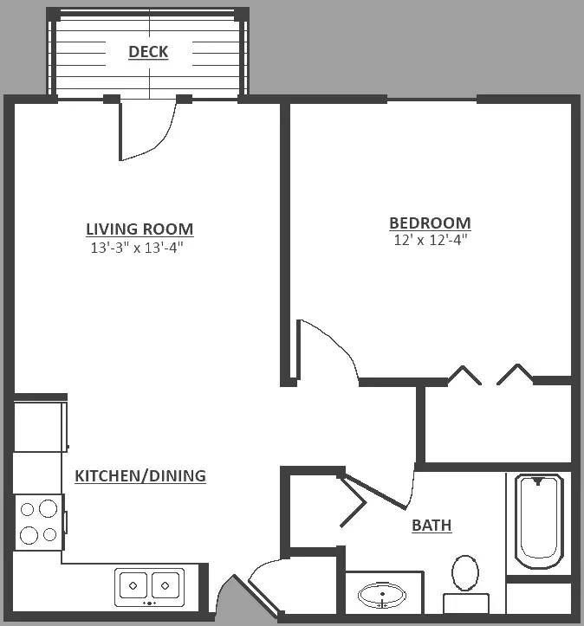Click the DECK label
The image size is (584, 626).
tap(148, 51)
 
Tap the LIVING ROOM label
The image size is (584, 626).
tap(140, 229)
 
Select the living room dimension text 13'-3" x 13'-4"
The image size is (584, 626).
tap(137, 248)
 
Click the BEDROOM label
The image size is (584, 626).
tap(430, 223)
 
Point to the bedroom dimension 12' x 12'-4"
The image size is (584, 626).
tap(431, 240)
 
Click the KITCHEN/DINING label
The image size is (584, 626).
tap(140, 476)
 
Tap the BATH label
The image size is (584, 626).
tap(432, 526)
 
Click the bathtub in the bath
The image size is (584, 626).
tap(539, 521)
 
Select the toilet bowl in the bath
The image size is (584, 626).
tap(465, 572)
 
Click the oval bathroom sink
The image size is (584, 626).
tap(382, 596)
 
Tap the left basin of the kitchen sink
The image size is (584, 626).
tap(133, 585)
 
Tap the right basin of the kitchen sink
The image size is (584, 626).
tap(165, 585)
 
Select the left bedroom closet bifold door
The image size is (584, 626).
tap(464, 375)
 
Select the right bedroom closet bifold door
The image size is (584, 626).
tap(516, 374)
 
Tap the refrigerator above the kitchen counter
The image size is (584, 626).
tap(39, 426)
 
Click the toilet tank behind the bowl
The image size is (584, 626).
tap(466, 603)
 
